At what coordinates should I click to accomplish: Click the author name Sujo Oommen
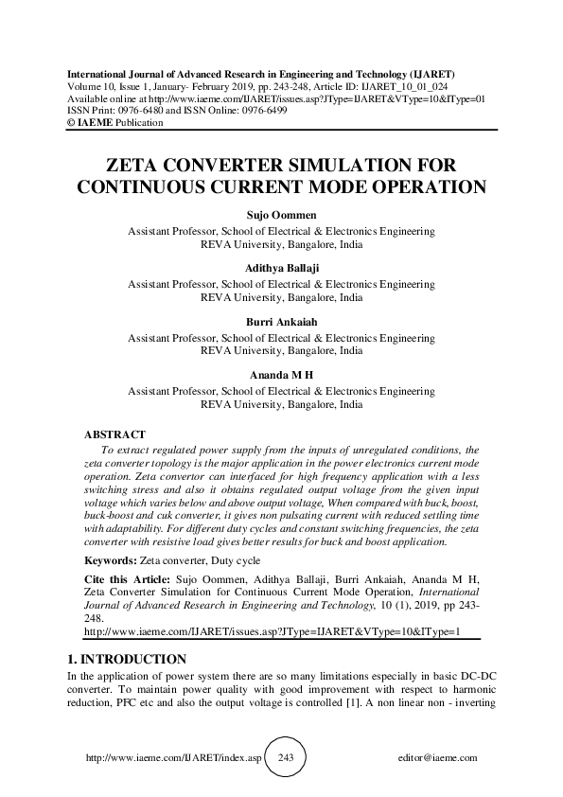coord(281,217)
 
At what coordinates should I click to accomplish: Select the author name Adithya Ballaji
coord(281,269)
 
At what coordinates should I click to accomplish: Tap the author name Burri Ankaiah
coord(281,323)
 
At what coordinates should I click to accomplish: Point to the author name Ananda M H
coord(281,376)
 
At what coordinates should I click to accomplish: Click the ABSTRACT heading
coord(115,434)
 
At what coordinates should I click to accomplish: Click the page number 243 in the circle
coord(282,758)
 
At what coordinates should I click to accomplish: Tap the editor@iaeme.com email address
coord(439,758)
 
